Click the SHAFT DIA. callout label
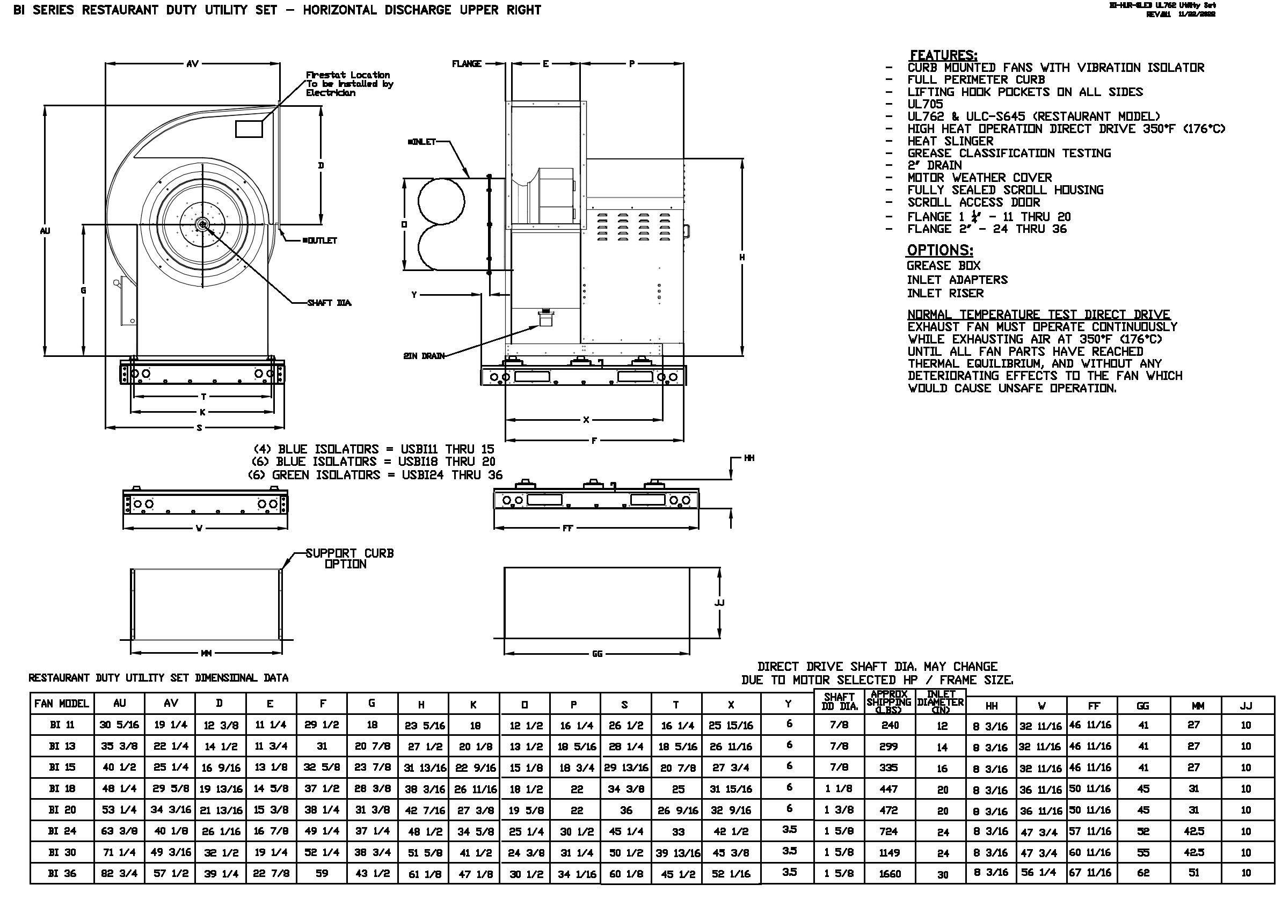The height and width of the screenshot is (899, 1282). (329, 303)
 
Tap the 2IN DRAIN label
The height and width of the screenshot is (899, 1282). (424, 356)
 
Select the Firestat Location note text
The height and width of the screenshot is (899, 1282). (349, 84)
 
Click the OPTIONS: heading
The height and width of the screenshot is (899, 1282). (939, 250)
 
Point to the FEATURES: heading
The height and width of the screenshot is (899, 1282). (943, 55)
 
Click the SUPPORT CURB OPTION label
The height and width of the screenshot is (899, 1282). (349, 558)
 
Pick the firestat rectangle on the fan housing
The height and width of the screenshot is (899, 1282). (249, 129)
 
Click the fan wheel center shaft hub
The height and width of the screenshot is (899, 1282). (203, 224)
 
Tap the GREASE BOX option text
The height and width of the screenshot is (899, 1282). (943, 266)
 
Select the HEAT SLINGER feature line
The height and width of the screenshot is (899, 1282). (950, 141)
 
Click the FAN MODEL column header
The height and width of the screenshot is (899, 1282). (61, 704)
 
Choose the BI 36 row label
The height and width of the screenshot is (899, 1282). (61, 873)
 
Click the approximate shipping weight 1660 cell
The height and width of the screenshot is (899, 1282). (890, 874)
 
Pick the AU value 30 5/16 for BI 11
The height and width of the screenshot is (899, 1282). (119, 725)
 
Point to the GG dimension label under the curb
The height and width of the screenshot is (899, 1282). (597, 654)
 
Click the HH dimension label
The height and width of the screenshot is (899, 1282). (749, 458)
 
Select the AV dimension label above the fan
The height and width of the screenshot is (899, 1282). (192, 64)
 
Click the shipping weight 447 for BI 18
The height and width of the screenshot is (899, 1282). (888, 789)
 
